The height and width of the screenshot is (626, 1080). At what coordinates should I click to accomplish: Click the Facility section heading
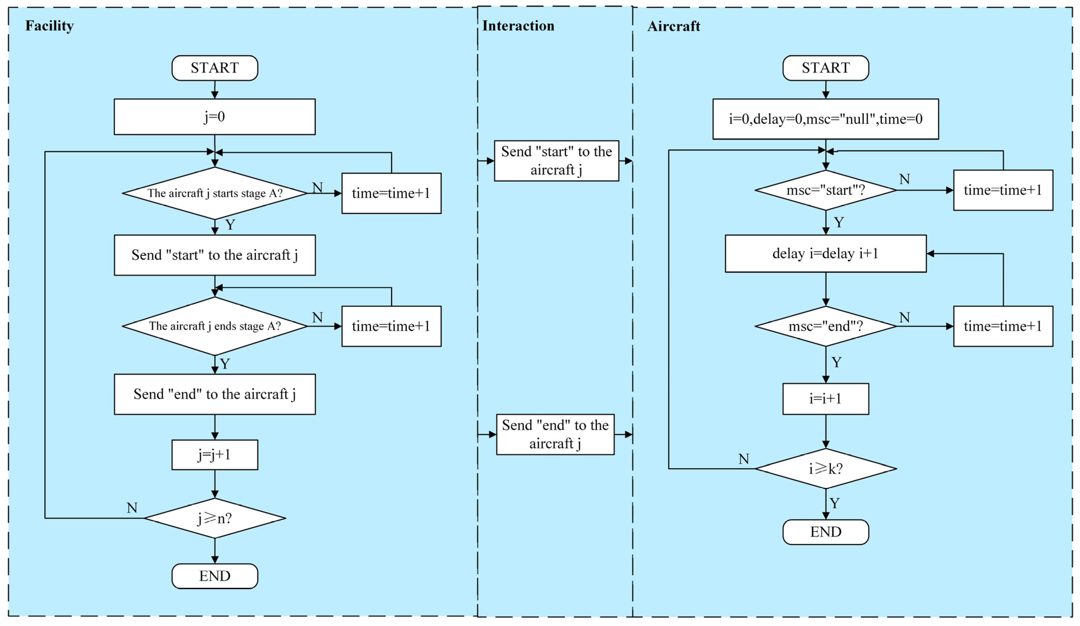(49, 26)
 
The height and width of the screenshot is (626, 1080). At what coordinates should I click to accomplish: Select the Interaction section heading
(518, 26)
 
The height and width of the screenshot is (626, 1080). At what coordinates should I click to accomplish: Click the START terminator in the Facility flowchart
(215, 68)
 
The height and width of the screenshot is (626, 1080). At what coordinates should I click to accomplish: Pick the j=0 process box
(215, 116)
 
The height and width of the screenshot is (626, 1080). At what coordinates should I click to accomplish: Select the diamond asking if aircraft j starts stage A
(215, 193)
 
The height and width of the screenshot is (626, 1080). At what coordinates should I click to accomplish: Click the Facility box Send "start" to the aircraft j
(215, 255)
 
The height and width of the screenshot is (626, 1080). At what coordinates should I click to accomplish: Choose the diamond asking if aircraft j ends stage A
(215, 326)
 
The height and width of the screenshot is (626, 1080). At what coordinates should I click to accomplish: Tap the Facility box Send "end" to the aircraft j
(215, 394)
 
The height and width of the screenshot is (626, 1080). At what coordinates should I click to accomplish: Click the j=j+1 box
(215, 455)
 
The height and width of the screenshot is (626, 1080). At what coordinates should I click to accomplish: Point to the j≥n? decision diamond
(215, 518)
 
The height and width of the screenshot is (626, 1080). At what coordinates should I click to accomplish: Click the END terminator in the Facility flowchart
(215, 576)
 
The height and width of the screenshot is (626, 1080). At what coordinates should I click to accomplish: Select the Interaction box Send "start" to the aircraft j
(556, 161)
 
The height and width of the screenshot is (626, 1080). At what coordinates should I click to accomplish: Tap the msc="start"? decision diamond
(825, 190)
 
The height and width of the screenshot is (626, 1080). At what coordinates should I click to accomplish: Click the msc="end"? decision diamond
(825, 326)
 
